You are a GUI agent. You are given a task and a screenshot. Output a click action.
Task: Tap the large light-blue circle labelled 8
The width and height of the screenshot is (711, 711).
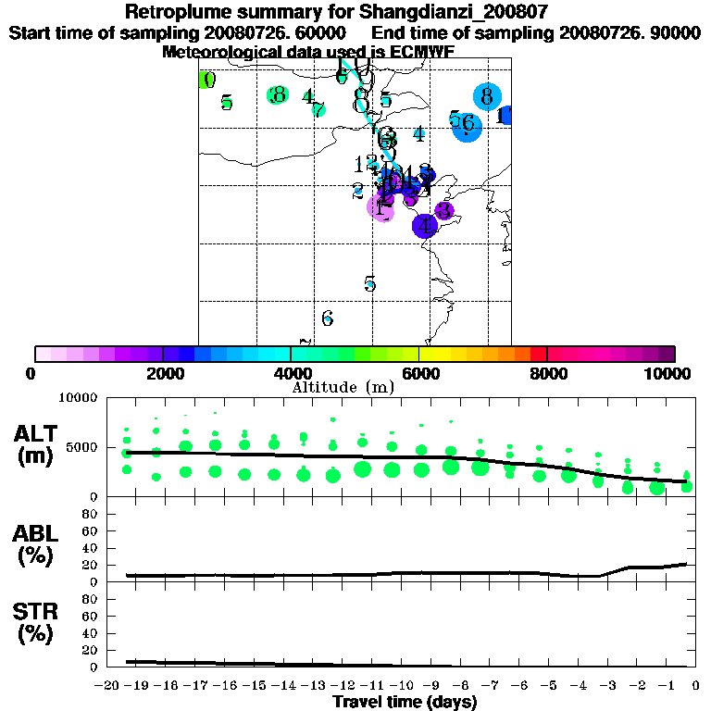tap(486, 96)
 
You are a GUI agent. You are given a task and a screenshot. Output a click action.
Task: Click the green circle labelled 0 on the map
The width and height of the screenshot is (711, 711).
tap(207, 81)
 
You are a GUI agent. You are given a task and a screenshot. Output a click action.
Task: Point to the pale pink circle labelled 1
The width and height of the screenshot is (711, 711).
tap(380, 207)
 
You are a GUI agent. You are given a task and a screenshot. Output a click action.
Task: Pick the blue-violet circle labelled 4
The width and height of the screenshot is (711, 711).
tap(424, 225)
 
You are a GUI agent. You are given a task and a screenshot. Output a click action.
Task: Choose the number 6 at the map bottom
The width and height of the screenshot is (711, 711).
tap(327, 318)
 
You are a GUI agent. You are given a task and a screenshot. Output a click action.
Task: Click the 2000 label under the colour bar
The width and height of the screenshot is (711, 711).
tap(162, 373)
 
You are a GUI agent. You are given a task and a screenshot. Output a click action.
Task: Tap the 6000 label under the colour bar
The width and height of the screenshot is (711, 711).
tap(418, 373)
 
